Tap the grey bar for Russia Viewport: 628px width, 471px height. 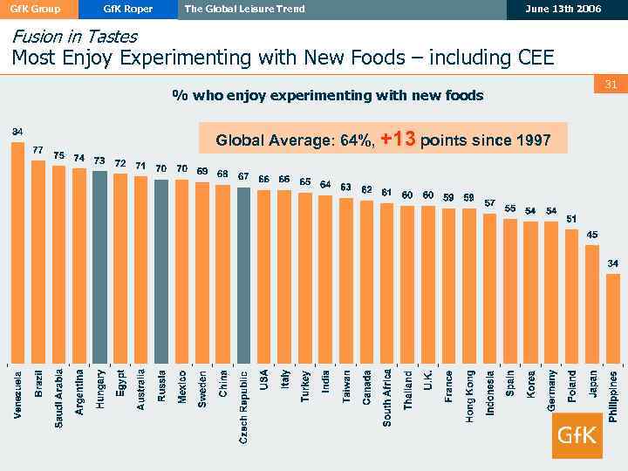(x=161, y=270)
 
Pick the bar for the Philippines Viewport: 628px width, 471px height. (x=613, y=317)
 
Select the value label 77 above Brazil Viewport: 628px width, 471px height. (x=38, y=150)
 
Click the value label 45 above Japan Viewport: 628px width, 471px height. (x=592, y=235)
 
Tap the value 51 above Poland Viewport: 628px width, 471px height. (x=572, y=218)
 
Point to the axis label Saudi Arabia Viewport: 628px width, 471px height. (x=58, y=396)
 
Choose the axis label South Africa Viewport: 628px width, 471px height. (x=387, y=398)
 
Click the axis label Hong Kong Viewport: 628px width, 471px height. (x=469, y=397)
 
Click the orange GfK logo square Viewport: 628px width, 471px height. (x=577, y=434)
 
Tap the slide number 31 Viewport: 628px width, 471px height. (x=611, y=85)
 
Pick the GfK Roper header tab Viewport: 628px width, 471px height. (x=127, y=9)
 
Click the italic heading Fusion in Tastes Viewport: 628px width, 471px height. (x=74, y=38)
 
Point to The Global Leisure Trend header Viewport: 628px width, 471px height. (x=245, y=9)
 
